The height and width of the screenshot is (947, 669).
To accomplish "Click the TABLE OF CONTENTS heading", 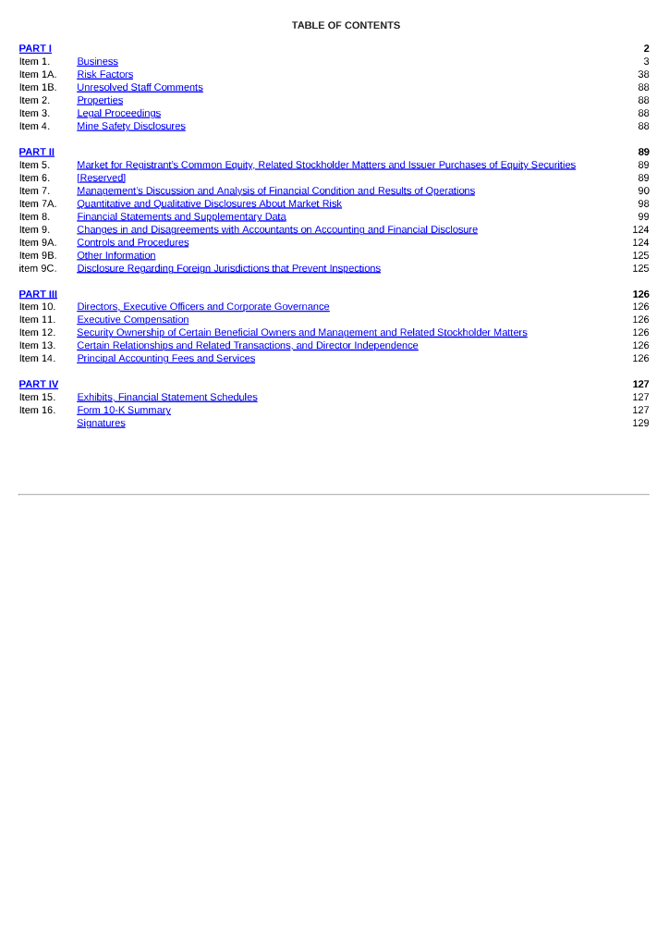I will point(346,25).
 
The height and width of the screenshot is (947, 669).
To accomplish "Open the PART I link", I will point(35,48).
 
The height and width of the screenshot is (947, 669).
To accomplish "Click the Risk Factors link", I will point(104,74).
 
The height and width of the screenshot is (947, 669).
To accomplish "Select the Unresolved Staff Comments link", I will point(140,87).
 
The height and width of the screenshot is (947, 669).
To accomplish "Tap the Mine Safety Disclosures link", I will point(130,126).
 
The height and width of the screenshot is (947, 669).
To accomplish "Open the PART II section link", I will point(37,152).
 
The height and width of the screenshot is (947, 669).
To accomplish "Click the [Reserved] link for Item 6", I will point(101,178).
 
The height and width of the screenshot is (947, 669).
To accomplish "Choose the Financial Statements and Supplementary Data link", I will point(181,216).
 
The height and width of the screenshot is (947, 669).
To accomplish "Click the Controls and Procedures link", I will point(132,242).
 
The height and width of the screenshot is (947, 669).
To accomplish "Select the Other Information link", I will point(116,255).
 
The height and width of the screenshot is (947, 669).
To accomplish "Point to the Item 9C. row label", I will point(38,268).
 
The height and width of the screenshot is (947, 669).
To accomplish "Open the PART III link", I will point(38,294).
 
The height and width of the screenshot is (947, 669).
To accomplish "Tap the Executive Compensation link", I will point(132,319).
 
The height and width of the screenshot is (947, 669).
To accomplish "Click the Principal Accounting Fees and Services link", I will point(165,358).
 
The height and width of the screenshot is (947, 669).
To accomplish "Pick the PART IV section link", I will point(39,384).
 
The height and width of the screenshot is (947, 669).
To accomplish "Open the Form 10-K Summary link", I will point(123,410).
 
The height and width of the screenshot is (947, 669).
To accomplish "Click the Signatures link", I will point(101,423).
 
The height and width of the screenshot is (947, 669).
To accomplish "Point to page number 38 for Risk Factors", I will point(643,74).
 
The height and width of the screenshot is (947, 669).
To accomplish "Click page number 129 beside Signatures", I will point(640,423).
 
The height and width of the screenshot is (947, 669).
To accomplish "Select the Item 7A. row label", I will point(38,203).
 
